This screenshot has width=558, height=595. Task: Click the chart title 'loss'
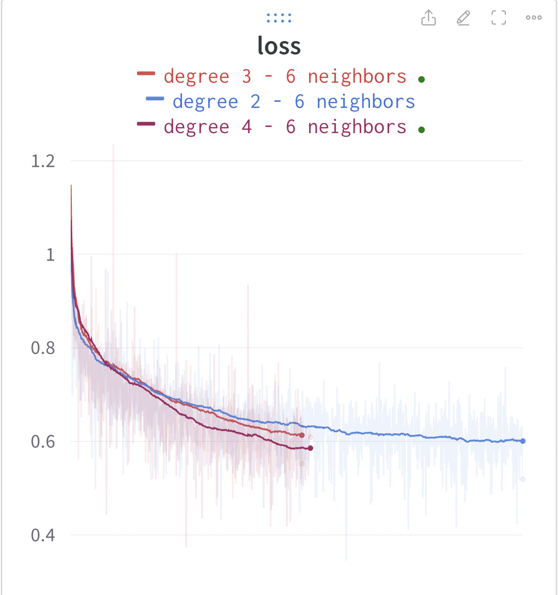(x=279, y=46)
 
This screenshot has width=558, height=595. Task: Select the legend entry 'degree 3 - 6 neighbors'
(x=285, y=76)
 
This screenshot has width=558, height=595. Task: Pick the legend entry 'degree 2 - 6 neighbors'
(x=293, y=101)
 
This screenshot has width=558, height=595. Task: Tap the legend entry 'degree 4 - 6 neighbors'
(x=285, y=127)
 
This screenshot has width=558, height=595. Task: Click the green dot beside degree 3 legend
(x=421, y=79)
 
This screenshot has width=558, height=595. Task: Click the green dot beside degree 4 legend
(x=421, y=130)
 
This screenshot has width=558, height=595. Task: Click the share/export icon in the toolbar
(x=429, y=18)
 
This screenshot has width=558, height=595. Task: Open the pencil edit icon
(x=463, y=18)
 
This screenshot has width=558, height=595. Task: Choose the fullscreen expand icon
(x=498, y=18)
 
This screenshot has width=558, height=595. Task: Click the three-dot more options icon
(x=533, y=18)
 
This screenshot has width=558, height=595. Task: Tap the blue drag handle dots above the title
(x=279, y=19)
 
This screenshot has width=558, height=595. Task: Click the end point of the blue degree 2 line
(x=523, y=441)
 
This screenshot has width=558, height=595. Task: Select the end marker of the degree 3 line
(x=302, y=435)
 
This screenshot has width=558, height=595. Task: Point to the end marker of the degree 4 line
(x=310, y=448)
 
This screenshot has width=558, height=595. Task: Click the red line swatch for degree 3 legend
(x=146, y=73)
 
